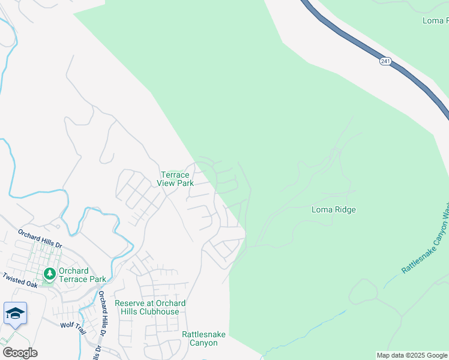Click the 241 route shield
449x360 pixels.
pos(385,61)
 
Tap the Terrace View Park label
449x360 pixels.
pos(175,179)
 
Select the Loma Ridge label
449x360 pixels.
pos(334,210)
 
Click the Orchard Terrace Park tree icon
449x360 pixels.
pos(49,274)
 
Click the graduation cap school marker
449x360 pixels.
pos(15,313)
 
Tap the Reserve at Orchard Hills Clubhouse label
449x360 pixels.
pos(150,307)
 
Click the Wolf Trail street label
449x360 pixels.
pos(73,325)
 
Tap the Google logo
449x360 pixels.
pos(20,352)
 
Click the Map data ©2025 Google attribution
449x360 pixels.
pos(412,355)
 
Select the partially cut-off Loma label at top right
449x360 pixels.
pos(435,20)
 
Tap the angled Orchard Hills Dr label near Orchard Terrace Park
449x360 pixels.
pos(40,238)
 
